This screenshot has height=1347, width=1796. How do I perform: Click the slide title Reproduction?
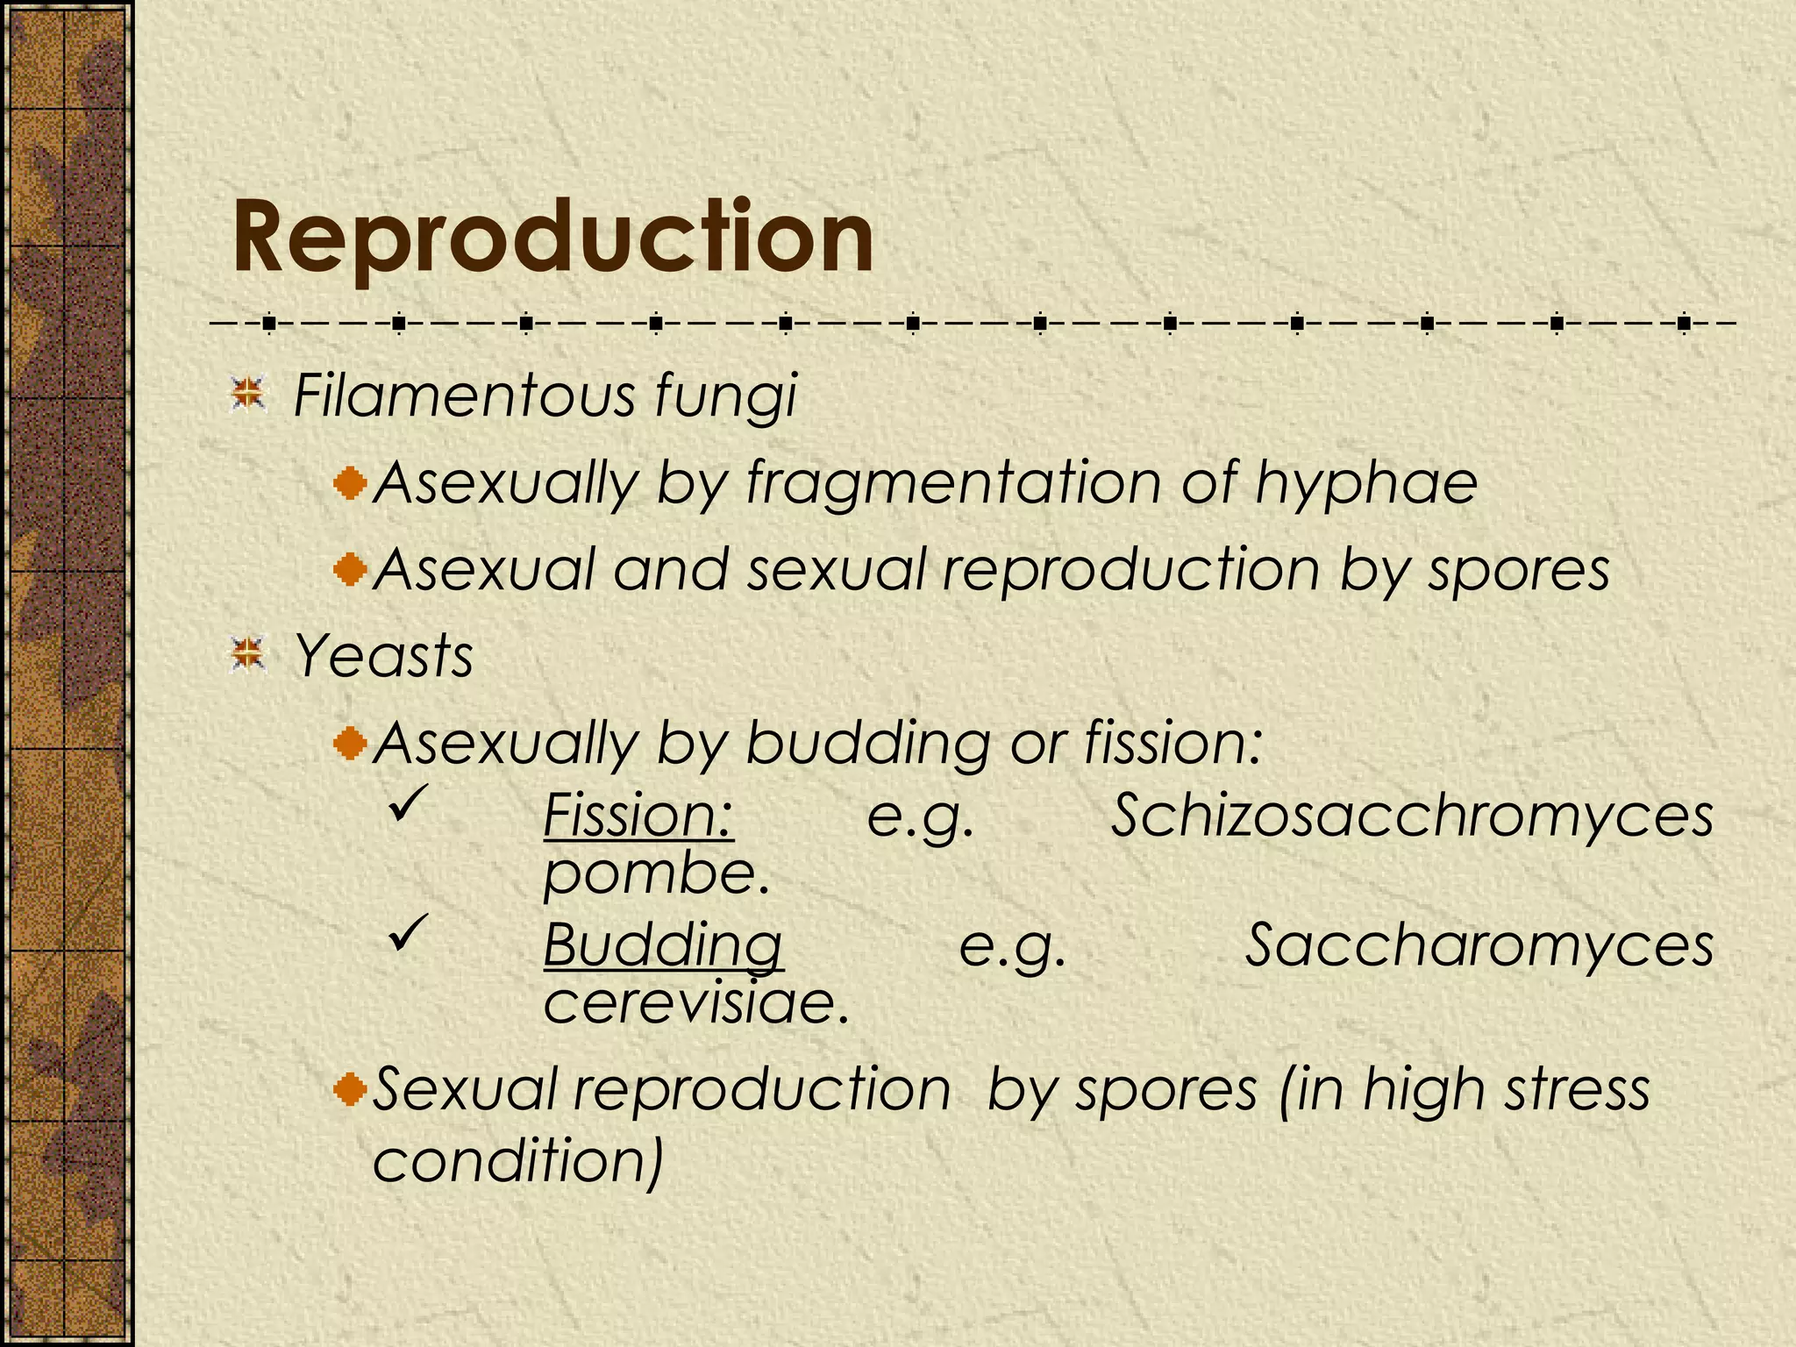tap(553, 239)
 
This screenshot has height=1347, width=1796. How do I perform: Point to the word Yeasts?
tap(383, 656)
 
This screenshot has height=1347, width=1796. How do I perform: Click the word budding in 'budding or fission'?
tap(867, 743)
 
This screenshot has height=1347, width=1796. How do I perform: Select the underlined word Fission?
tap(638, 816)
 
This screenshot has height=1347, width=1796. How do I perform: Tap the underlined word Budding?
tap(663, 945)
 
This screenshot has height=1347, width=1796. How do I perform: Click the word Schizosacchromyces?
tap(1412, 816)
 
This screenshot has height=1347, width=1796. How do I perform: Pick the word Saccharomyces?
tap(1479, 945)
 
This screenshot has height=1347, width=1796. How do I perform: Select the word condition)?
tap(517, 1161)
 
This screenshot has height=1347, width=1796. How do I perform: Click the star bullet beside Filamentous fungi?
tap(248, 394)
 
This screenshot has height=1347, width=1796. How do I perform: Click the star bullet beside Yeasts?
tap(248, 654)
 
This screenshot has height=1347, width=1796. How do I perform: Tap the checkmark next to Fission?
tap(408, 802)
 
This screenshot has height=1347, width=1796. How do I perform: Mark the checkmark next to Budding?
tap(408, 932)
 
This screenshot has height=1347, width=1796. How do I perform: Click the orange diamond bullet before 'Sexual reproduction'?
tap(351, 1090)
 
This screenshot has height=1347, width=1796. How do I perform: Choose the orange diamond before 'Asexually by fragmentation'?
tap(351, 483)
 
